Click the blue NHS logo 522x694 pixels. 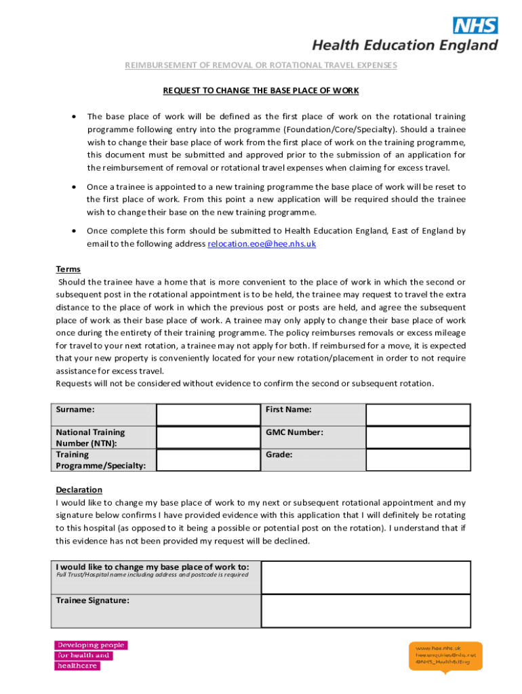(475, 26)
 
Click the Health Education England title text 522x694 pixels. (404, 45)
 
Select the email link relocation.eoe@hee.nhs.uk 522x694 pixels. (262, 243)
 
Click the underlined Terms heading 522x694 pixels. (68, 269)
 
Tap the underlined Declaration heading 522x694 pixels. (79, 489)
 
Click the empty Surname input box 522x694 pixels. (207, 415)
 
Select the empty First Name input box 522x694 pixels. (418, 415)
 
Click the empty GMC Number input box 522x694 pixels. (418, 437)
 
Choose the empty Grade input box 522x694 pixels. (418, 460)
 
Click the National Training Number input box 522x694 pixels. (207, 437)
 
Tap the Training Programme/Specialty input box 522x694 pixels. (207, 460)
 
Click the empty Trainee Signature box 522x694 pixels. (365, 611)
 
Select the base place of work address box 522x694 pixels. (365, 577)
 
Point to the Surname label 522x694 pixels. (75, 409)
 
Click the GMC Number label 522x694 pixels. (294, 432)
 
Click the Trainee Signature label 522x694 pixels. (92, 600)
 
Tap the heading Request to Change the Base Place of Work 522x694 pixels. (260, 90)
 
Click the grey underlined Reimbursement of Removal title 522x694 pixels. (260, 65)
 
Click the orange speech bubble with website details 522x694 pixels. (445, 655)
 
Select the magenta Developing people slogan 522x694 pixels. (90, 655)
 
